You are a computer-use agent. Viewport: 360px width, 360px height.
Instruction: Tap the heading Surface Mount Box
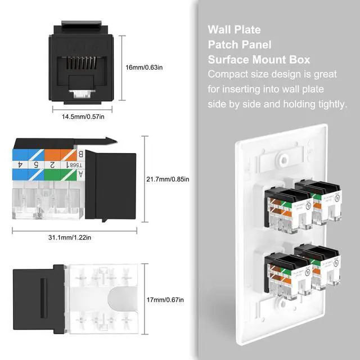click(259, 60)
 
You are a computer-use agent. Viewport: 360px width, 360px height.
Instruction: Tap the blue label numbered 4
click(20, 165)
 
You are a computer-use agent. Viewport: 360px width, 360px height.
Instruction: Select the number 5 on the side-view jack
click(35, 165)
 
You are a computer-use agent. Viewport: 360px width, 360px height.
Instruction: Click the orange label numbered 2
click(52, 165)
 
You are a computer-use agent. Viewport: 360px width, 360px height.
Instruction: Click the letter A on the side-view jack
click(80, 174)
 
